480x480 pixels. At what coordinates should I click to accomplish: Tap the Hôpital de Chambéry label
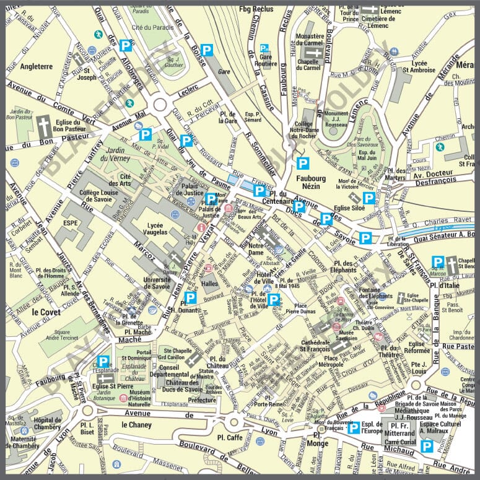(46, 424)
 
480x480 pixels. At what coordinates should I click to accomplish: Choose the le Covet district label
(46, 312)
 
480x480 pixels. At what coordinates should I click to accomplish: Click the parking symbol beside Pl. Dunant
(190, 297)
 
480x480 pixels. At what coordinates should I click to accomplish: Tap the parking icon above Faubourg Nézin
(302, 164)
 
